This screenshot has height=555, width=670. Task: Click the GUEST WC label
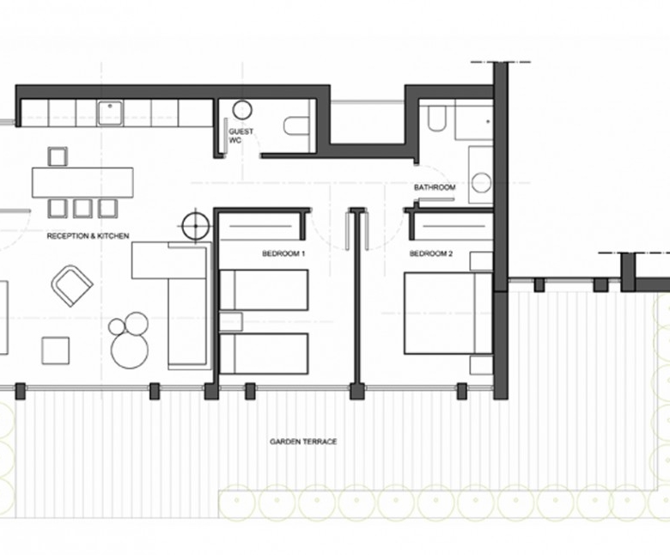[241, 136]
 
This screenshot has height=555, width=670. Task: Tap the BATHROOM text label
[435, 187]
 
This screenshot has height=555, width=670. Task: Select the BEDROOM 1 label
[283, 253]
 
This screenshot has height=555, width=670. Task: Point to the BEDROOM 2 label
[430, 253]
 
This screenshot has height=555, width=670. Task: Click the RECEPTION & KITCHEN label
[88, 236]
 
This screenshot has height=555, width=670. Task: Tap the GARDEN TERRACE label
[303, 442]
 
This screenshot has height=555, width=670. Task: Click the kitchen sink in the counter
[111, 113]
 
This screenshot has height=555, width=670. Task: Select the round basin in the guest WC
[242, 110]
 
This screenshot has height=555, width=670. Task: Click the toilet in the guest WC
[296, 126]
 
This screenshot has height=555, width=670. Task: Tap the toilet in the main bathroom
[436, 118]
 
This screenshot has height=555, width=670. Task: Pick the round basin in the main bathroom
[482, 183]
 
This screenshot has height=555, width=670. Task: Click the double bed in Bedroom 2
[448, 314]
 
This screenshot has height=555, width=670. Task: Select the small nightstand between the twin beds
[231, 321]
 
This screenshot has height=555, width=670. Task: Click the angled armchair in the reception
[72, 285]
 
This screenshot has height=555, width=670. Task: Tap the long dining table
[82, 182]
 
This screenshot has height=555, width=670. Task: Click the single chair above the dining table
[58, 156]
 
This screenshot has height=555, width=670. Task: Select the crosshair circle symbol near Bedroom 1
[196, 226]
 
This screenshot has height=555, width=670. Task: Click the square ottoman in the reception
[56, 351]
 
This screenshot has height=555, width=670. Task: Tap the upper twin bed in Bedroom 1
[264, 290]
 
